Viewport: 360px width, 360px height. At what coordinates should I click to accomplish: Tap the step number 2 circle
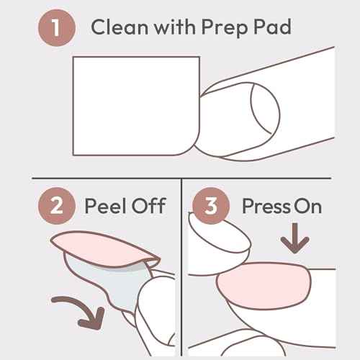[55, 205]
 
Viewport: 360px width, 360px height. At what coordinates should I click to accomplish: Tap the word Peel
[106, 206]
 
